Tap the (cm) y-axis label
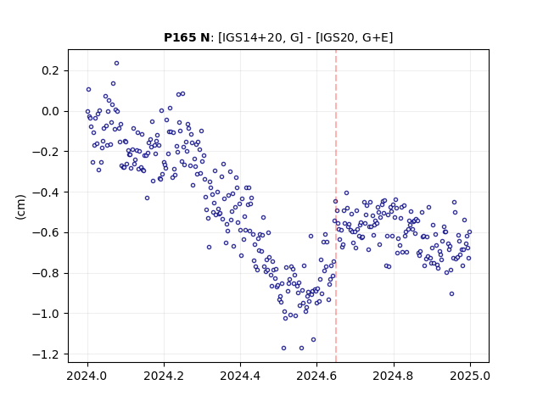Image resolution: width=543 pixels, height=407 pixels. coord(20,207)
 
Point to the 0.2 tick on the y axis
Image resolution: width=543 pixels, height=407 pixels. coord(51,70)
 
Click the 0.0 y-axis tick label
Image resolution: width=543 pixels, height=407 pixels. coord(51,111)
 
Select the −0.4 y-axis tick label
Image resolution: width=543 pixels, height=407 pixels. coord(46,192)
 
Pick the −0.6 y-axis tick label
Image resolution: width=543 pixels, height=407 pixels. coord(46,232)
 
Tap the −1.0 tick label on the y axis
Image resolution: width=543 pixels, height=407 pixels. coord(46,314)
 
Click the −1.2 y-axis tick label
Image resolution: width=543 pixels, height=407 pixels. coord(46,354)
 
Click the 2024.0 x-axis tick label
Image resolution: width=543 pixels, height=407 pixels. coord(87,376)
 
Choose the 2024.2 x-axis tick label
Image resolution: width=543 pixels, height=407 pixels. coord(164,376)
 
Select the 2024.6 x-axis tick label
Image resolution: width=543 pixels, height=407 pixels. coord(316,376)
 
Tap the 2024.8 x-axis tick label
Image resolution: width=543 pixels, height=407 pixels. coord(394,376)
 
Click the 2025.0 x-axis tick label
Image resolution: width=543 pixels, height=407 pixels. coord(470,376)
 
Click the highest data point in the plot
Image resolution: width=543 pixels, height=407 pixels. coord(117,64)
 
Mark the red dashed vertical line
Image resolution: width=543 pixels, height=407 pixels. coord(336,206)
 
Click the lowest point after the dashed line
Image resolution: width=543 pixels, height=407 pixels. coord(451,294)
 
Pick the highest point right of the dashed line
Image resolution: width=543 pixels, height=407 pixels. coord(347,193)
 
